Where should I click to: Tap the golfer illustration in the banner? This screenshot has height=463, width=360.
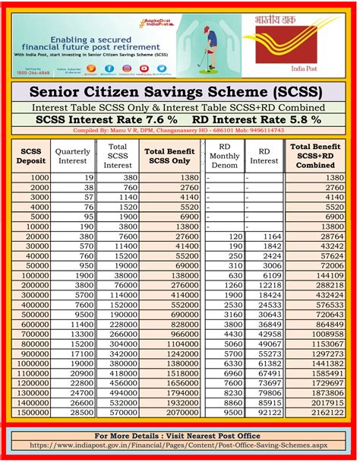(198, 46)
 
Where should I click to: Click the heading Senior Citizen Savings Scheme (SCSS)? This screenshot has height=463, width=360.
(179, 92)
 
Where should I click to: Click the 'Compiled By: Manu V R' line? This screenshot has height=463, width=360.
(179, 131)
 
